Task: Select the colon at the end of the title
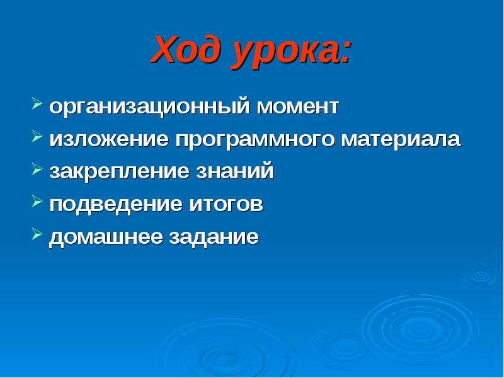345,52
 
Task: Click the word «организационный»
149,106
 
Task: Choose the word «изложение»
109,139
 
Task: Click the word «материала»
401,140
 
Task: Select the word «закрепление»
119,172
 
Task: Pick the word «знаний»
235,170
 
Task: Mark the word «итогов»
226,204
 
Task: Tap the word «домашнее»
106,238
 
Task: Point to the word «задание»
214,238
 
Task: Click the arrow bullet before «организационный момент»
37,105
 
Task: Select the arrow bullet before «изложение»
37,137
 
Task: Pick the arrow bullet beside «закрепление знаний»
37,169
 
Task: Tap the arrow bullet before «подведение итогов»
37,202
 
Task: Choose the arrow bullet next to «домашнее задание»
37,234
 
